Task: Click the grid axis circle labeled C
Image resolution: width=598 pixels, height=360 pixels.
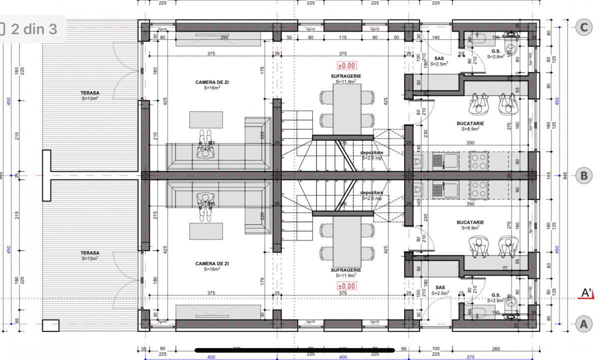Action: coord(583,27)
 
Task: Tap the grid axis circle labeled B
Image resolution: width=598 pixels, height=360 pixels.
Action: coord(583,175)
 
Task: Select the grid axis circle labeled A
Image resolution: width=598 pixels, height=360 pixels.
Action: coord(583,324)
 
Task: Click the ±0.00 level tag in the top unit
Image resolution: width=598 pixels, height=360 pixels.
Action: coord(347,65)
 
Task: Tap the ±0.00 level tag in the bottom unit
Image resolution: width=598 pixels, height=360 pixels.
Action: coord(347,286)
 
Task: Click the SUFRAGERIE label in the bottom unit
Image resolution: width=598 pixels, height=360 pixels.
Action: coord(346,270)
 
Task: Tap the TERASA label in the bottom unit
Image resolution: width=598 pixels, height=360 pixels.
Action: coord(90,253)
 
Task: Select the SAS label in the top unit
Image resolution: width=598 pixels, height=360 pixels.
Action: coord(440,58)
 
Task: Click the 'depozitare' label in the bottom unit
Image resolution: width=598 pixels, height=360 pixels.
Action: coord(371,192)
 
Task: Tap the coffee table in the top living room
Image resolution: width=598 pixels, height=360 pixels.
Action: coord(206,120)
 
